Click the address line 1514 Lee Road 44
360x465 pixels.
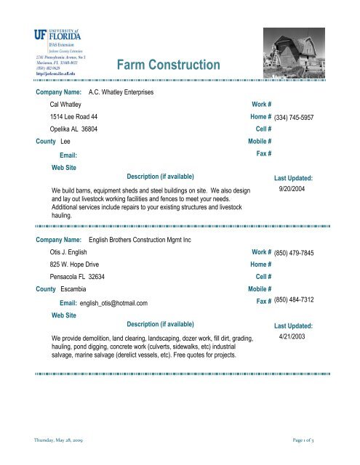coord(74,116)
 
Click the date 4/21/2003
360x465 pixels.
coord(293,338)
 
